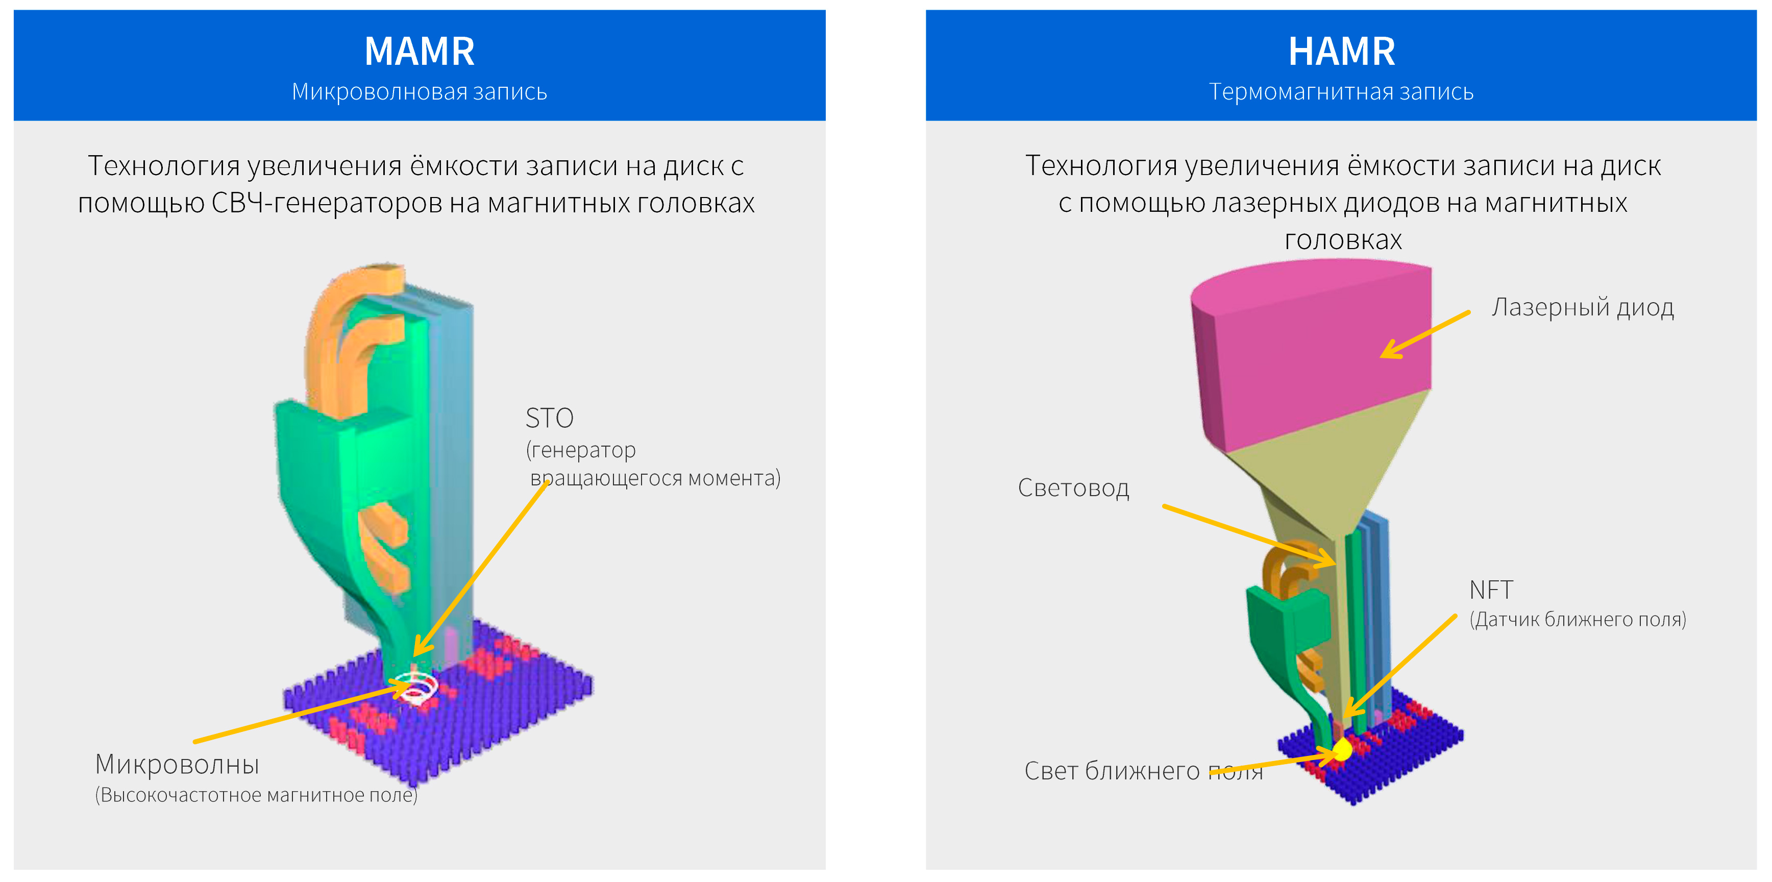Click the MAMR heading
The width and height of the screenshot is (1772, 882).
pos(419,52)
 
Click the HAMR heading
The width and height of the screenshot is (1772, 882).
pos(1341,52)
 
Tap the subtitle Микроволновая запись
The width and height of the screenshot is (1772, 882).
pos(419,91)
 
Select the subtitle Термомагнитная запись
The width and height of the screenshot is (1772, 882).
pos(1341,91)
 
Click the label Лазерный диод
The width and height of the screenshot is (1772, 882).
pos(1582,308)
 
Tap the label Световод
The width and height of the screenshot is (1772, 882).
pos(1073,488)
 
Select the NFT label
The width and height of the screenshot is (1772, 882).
pos(1491,590)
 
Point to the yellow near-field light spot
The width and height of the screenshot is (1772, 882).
pos(1342,749)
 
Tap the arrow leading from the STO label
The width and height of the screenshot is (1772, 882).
pos(481,568)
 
